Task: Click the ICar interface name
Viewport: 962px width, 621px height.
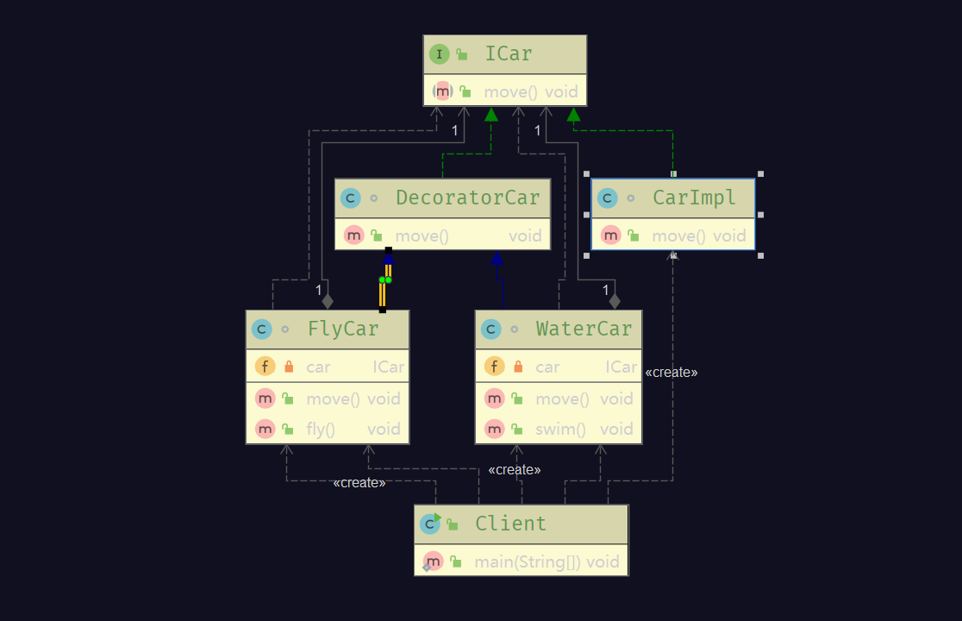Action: (x=508, y=54)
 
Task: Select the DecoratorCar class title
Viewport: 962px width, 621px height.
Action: (x=467, y=198)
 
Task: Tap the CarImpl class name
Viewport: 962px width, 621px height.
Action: (x=694, y=198)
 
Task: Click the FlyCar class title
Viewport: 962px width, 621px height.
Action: (x=342, y=329)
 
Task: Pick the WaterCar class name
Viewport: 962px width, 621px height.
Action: (x=584, y=329)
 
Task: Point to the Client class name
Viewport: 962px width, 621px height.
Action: (x=510, y=524)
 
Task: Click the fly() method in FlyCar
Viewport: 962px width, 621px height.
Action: (x=320, y=429)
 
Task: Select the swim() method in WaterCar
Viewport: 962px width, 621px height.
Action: (x=560, y=429)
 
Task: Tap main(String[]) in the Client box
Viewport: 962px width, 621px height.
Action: (x=528, y=562)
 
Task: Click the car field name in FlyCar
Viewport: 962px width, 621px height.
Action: (x=318, y=367)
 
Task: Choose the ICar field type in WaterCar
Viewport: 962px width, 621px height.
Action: (x=621, y=367)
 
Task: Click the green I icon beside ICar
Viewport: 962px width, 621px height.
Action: (x=440, y=54)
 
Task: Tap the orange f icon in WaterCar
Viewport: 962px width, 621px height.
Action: (x=494, y=367)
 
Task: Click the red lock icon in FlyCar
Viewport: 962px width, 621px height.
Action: (x=289, y=367)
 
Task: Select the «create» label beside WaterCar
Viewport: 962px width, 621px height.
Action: (x=672, y=373)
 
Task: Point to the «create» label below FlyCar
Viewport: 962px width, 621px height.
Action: (x=359, y=483)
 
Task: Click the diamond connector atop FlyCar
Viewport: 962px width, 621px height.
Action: (x=327, y=301)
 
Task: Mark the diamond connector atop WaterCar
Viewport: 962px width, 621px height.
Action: (x=615, y=301)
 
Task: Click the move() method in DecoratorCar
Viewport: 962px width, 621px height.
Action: (x=422, y=235)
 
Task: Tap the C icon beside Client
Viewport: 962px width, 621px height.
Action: (x=429, y=524)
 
